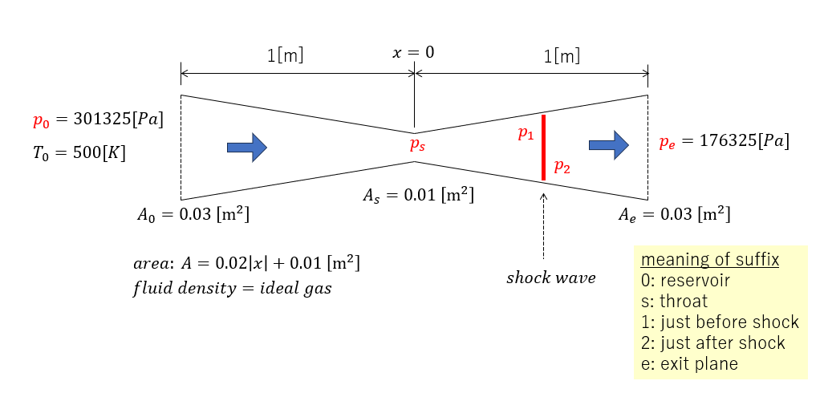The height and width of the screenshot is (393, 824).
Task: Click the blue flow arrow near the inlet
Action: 246,147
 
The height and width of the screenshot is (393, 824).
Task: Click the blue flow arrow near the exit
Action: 607,144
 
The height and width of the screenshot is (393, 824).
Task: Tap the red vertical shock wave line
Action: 543,148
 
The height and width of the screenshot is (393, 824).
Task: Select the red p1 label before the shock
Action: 526,134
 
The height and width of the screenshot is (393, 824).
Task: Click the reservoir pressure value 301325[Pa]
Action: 118,120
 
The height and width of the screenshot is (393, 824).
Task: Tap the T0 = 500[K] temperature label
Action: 79,152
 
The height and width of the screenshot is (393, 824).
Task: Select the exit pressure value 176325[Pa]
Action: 744,141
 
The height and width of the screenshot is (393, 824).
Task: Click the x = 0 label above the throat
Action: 413,53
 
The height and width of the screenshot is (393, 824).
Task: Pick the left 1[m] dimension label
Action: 285,56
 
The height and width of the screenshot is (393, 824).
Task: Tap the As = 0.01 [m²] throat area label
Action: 418,194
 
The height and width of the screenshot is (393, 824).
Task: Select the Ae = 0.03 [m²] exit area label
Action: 674,214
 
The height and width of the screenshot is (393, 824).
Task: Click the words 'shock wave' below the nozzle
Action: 550,278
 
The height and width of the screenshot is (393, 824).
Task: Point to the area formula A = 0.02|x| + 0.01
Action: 246,263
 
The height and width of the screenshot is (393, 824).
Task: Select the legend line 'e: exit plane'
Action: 689,363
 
